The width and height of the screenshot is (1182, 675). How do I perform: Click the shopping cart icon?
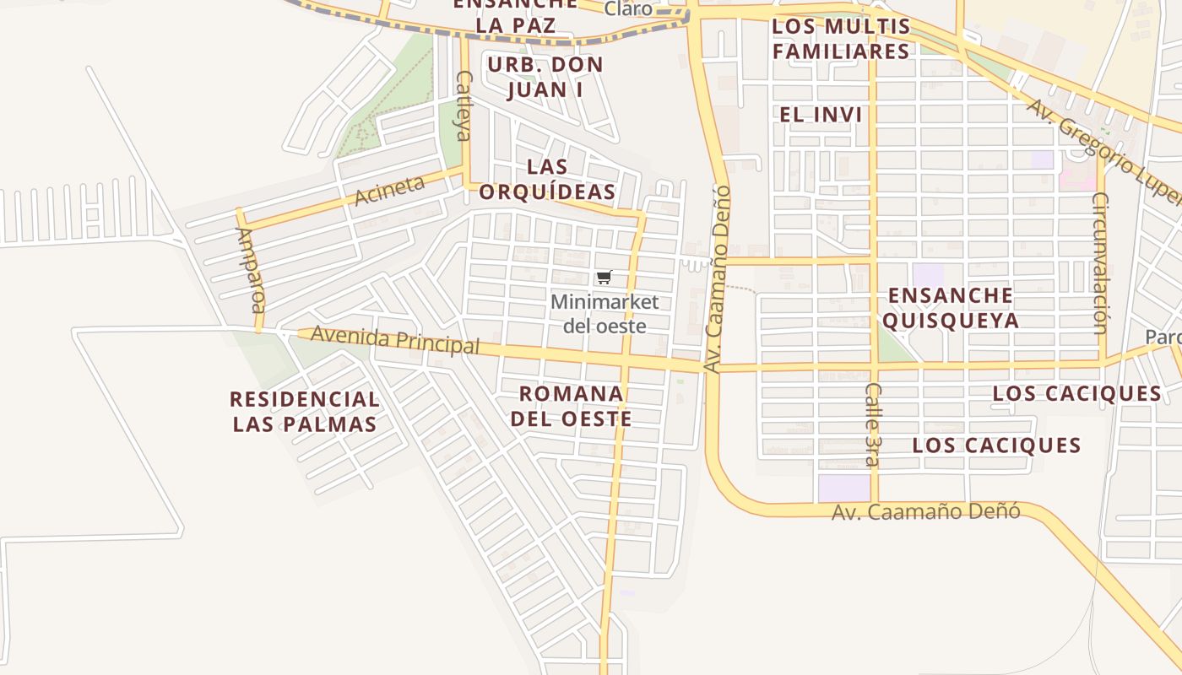pos(604,278)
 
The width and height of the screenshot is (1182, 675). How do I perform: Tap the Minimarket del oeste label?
pos(605,314)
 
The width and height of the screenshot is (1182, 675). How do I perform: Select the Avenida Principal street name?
pos(395,339)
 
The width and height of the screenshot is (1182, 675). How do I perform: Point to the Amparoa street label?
pos(251,269)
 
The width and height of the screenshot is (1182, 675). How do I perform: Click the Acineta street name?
pos(389,190)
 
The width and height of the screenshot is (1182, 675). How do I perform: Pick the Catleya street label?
pos(464,105)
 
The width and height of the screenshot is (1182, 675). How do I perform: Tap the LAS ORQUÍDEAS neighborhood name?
pos(547,179)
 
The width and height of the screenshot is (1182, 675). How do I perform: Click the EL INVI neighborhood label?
pos(821,115)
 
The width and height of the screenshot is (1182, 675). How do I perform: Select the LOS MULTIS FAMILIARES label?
pos(842,39)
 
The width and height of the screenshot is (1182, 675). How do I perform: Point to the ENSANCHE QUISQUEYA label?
pos(951,308)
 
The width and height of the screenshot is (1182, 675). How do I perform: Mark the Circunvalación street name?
pos(1100,262)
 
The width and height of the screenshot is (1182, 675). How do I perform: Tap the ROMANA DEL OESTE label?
pos(572,406)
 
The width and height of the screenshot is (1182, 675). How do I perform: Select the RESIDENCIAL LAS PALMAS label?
pos(305,411)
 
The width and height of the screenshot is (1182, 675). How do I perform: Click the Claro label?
pos(628,9)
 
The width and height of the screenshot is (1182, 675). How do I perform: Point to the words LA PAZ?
pos(515,25)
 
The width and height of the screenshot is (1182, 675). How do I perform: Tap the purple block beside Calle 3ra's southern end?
pos(843,488)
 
